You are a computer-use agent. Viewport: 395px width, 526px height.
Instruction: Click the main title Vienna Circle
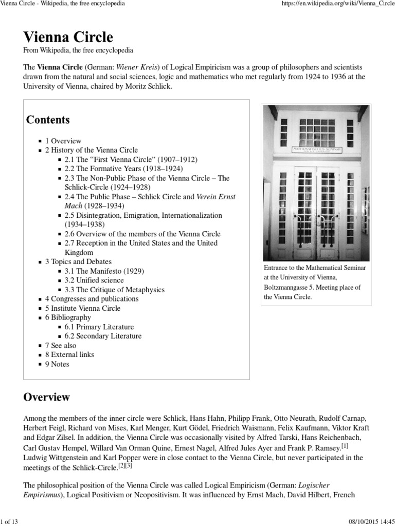tap(68, 37)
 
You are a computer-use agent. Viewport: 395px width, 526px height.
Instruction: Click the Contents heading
tap(48, 120)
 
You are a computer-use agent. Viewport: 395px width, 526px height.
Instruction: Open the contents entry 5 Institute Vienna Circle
tap(82, 308)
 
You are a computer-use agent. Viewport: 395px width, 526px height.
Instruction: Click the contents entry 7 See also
tap(60, 345)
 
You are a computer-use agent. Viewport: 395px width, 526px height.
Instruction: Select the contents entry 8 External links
tap(69, 354)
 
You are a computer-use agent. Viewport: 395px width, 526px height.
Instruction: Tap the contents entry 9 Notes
tap(57, 364)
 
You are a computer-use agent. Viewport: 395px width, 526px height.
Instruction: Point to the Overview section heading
tap(47, 397)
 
